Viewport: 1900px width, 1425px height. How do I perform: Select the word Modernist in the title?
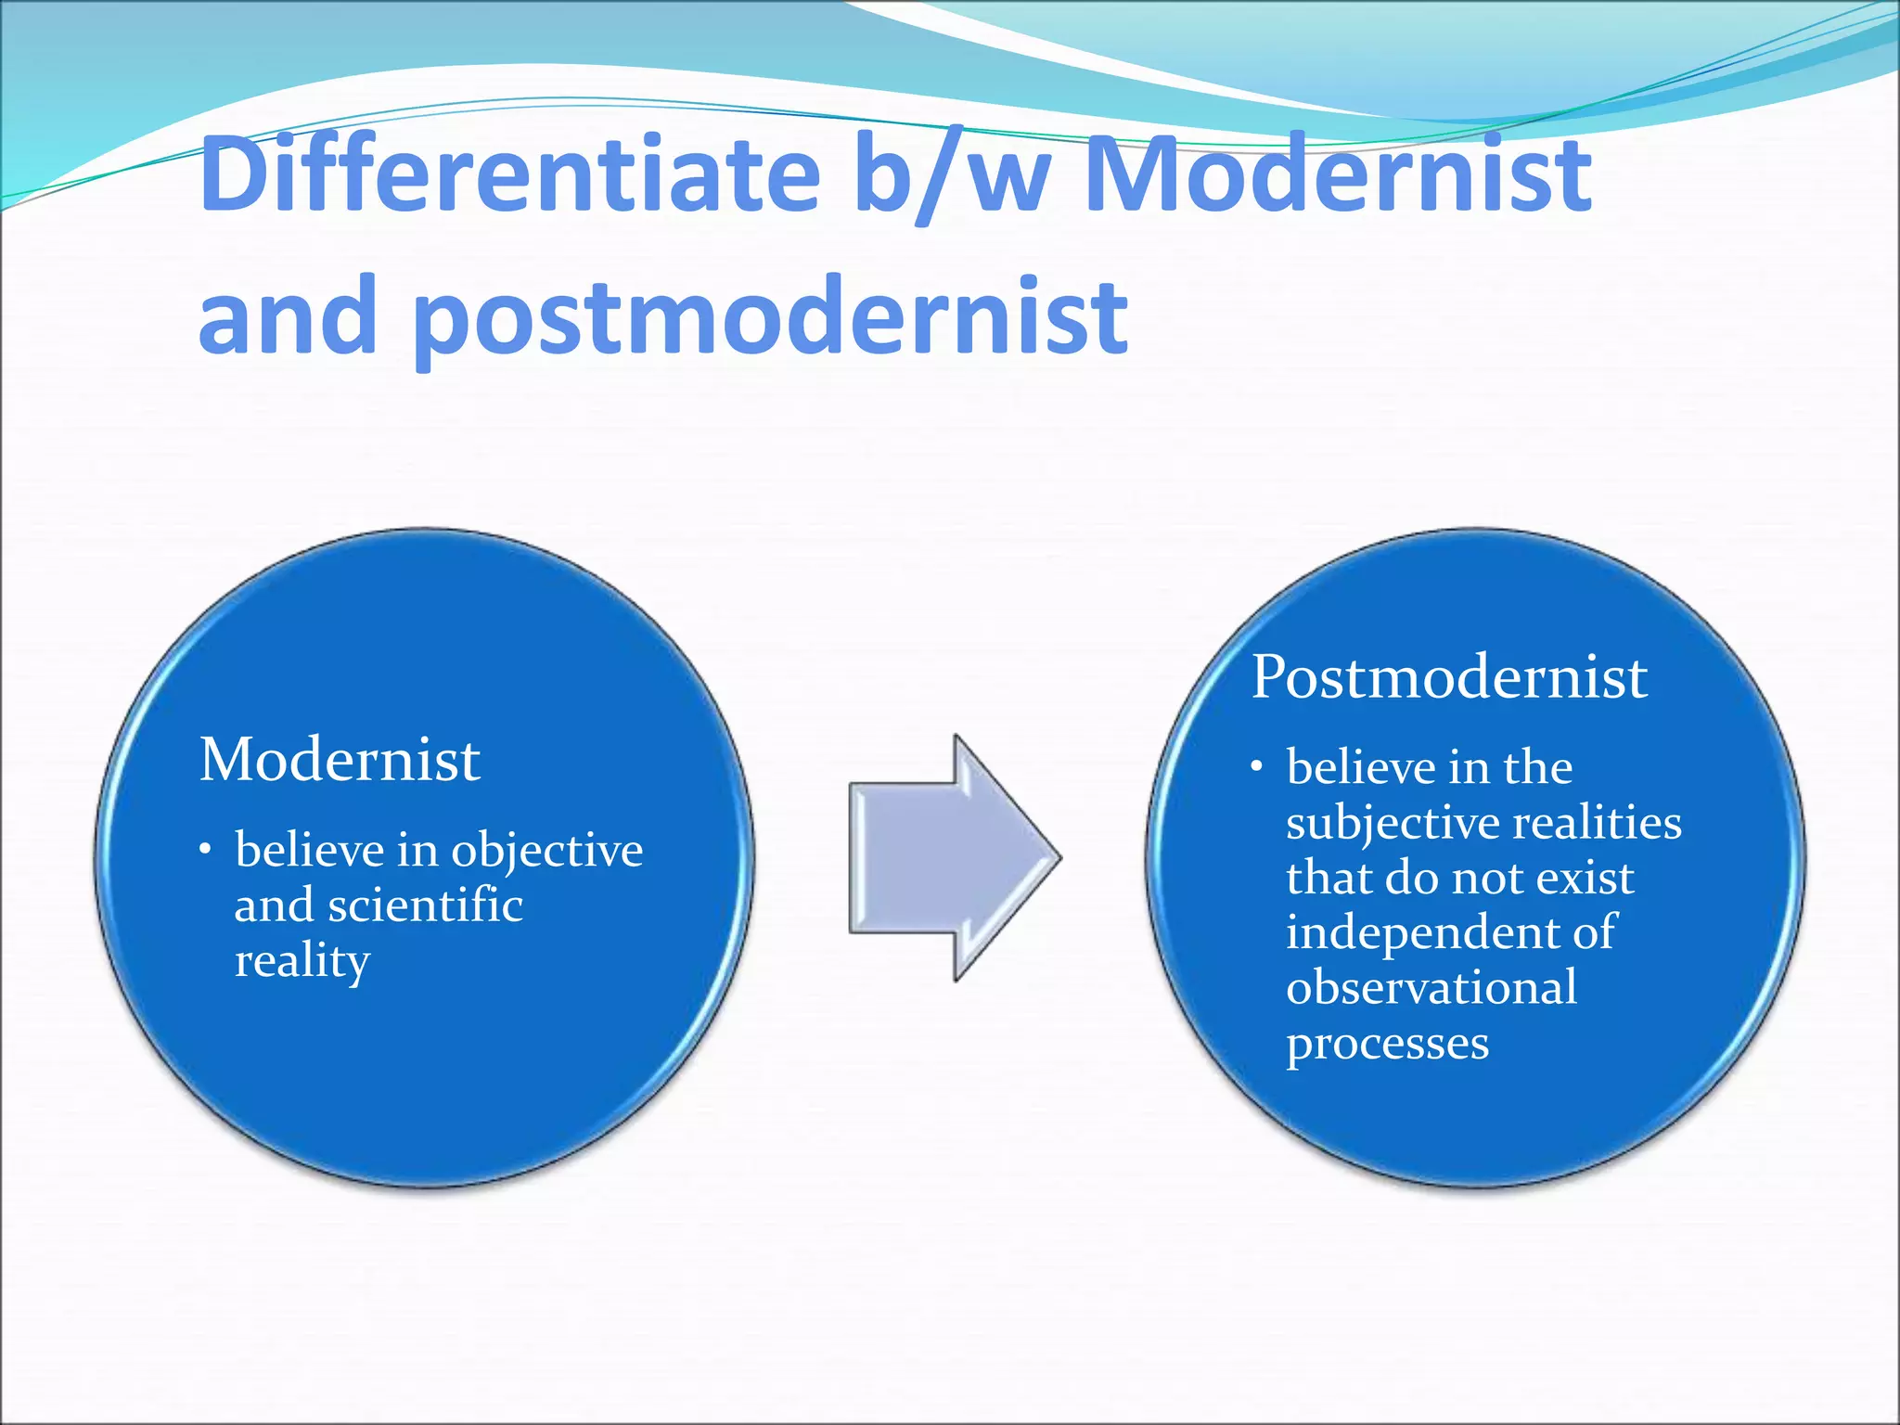pos(1338,174)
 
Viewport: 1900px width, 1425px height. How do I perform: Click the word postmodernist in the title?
pos(770,317)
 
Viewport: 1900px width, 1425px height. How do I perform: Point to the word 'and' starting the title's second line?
pos(288,317)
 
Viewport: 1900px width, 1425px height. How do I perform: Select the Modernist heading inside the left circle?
pos(340,760)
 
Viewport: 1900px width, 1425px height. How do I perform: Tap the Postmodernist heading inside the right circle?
pos(1449,677)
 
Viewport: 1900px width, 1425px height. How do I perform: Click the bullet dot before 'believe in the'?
pos(1257,767)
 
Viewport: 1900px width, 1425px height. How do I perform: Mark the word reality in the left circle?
pos(302,961)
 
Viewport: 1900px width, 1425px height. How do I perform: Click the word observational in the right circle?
pos(1431,987)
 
